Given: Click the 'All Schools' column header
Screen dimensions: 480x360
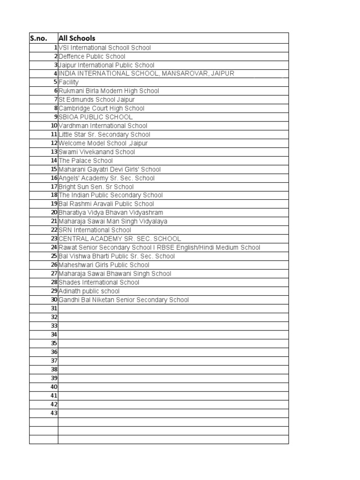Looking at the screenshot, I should coord(77,38).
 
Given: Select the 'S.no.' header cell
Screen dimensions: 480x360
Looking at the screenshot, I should coord(39,38).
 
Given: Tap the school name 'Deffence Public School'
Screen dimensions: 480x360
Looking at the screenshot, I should coord(92,56).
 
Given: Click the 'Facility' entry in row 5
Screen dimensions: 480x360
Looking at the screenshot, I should coord(68,82).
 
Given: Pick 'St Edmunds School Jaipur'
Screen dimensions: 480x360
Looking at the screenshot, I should coord(97,99).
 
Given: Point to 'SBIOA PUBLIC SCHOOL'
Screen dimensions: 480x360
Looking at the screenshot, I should coord(96,117).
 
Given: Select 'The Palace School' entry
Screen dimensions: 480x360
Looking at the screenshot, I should coord(86,160).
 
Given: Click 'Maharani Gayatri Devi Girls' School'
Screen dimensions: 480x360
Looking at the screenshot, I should coord(110,169).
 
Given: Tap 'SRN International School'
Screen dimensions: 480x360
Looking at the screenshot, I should coord(95,230).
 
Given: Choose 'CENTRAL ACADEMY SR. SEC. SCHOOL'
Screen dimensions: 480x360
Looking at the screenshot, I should coord(120,239).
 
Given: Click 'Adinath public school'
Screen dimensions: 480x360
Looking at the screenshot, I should coord(89,291).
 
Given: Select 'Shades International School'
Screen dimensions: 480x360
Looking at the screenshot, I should coord(99,282).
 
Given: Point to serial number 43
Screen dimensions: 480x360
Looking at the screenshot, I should coord(54,413).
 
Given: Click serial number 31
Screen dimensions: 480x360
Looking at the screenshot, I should coord(54,308).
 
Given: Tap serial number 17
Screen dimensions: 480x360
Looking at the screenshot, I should coord(54,187).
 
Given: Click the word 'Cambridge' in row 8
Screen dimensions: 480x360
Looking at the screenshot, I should coord(74,108).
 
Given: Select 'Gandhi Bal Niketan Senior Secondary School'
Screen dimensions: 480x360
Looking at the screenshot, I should coord(124,300).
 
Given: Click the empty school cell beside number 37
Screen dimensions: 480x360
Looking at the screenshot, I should coord(173,360).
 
